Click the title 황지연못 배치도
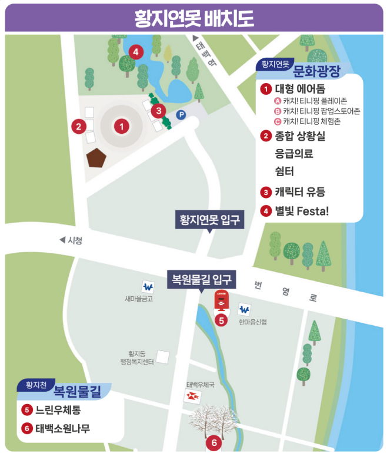tap(193, 18)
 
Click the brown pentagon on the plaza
tap(96, 158)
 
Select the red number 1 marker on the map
tap(122, 125)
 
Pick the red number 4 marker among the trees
tap(136, 52)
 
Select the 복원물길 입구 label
tap(202, 278)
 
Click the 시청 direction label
tap(71, 240)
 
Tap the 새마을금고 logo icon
tap(148, 287)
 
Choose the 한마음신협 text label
tap(252, 322)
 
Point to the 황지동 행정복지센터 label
tap(137, 358)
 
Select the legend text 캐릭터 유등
tap(300, 191)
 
